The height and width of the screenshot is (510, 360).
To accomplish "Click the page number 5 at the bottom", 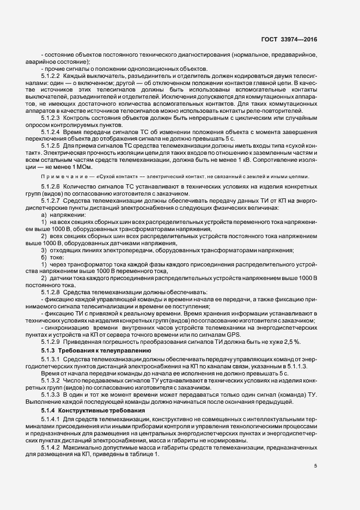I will point(315,466).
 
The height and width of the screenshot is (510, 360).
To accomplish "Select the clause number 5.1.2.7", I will point(51,202).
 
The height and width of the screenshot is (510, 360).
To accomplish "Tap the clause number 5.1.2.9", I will point(51,342).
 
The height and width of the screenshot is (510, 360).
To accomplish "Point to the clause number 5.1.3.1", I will point(51,360).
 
